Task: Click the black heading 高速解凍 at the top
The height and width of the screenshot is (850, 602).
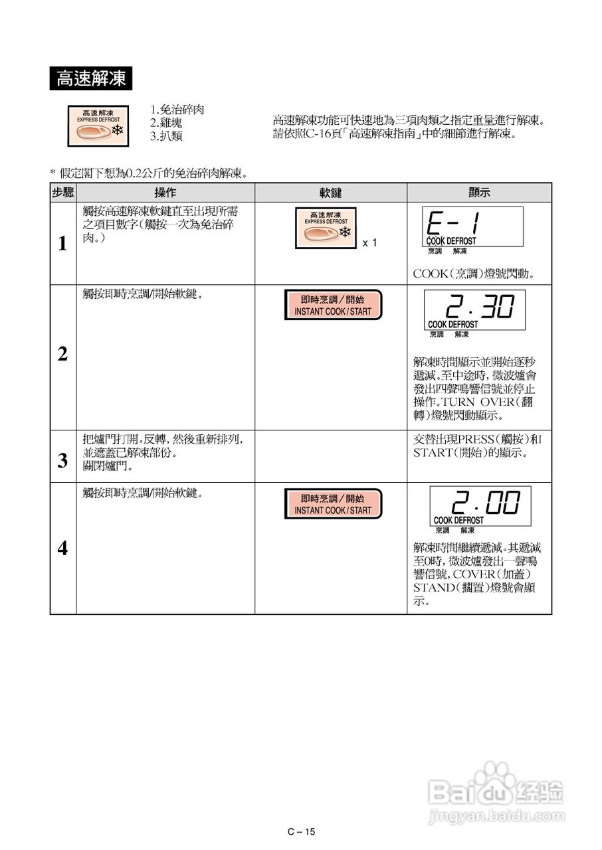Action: pos(91,79)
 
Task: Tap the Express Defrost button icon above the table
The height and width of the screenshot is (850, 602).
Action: pos(98,125)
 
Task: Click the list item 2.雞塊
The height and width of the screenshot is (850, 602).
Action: pos(166,123)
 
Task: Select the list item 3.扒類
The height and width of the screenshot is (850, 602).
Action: pos(166,136)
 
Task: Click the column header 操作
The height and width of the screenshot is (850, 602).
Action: pos(165,193)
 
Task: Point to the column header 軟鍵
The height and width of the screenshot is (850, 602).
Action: pos(330,193)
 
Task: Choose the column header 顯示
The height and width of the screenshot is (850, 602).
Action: pos(479,193)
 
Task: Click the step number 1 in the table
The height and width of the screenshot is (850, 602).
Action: pos(62,244)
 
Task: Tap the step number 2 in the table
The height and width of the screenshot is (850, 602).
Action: pos(62,355)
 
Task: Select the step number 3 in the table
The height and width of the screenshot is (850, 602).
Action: pos(62,461)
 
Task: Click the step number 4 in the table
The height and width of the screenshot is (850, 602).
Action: pos(62,549)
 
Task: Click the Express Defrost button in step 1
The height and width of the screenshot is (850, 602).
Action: pos(326,228)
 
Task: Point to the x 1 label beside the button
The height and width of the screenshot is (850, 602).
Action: pos(369,243)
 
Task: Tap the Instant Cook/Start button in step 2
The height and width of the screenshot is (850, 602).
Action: pos(333,305)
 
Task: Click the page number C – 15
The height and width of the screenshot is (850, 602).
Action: pos(301,831)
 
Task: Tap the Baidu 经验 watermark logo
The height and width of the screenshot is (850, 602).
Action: pos(496,794)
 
